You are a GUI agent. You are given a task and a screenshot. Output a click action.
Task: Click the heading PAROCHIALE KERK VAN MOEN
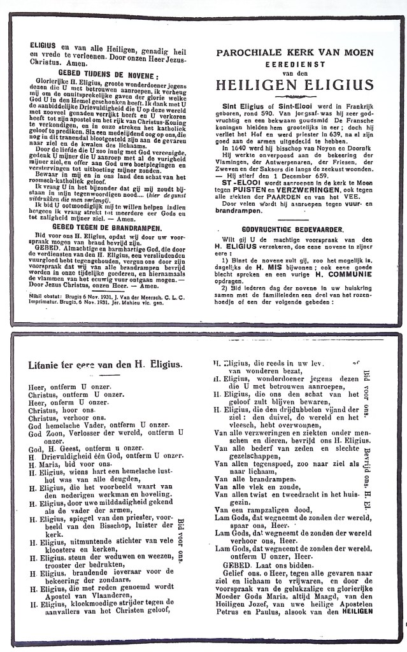[x=294, y=52]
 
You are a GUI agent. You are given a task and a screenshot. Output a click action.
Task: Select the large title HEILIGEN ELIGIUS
[x=294, y=84]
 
